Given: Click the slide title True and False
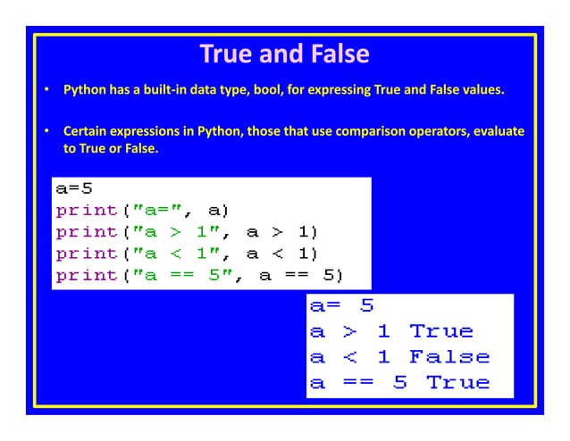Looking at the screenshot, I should [x=284, y=54].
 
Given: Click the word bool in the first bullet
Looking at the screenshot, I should [x=270, y=91].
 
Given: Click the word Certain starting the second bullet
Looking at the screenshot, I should [x=86, y=132].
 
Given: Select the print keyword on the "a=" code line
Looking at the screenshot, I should [x=87, y=212].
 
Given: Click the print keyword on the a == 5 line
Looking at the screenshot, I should [x=87, y=276].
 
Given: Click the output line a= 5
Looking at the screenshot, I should [x=341, y=307].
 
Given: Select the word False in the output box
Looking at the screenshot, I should [x=448, y=358].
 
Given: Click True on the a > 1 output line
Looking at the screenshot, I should [x=440, y=332].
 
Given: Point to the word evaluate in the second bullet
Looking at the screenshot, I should [x=490, y=132].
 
